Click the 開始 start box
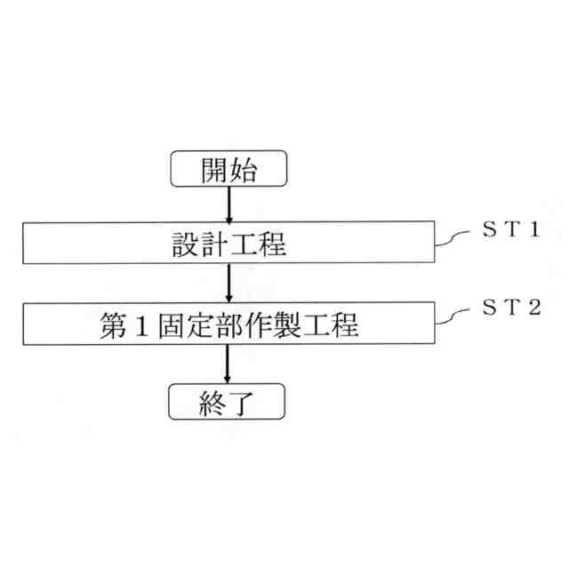click(x=229, y=171)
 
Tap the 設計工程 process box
click(x=229, y=242)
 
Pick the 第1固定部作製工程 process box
click(x=229, y=325)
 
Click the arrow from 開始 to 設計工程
click(x=229, y=204)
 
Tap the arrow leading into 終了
click(x=229, y=365)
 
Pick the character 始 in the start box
click(x=245, y=171)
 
